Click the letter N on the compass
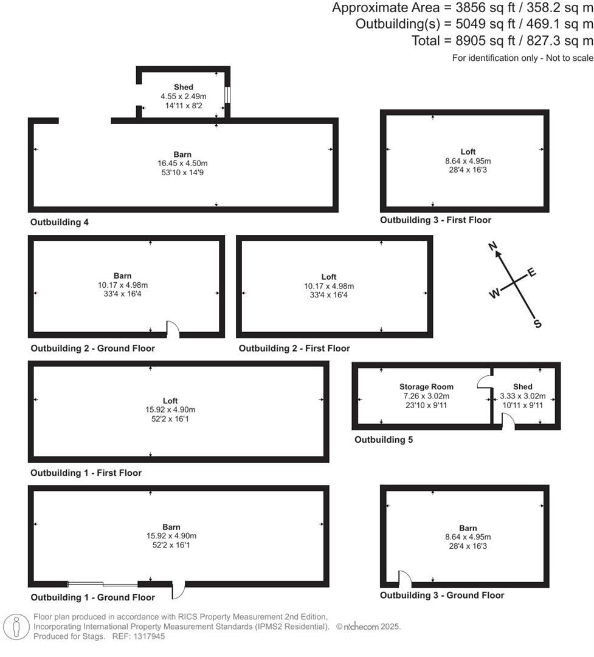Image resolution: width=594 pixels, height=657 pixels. [x=494, y=246]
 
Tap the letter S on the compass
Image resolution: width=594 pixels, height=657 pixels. [x=537, y=324]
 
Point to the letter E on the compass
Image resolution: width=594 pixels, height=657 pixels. [x=532, y=272]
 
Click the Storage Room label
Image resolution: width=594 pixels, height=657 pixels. [x=426, y=387]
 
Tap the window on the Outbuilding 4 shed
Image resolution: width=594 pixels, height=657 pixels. [x=227, y=95]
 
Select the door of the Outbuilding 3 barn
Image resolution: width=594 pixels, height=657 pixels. [x=404, y=579]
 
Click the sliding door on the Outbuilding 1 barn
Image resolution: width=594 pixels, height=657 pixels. [x=103, y=584]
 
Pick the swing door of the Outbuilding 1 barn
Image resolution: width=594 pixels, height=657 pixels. [x=179, y=589]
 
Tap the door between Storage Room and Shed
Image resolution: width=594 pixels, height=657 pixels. [x=486, y=381]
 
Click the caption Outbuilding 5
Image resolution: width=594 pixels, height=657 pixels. [x=384, y=439]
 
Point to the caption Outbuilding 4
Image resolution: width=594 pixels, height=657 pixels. [x=60, y=222]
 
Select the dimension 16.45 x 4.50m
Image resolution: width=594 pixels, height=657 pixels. [x=182, y=164]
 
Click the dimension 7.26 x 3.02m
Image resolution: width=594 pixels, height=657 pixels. [x=426, y=396]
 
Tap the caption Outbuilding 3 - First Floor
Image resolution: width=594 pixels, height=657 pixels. [x=435, y=220]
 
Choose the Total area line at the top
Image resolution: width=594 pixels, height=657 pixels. [x=502, y=40]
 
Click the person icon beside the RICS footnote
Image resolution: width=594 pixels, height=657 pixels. [x=16, y=627]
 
